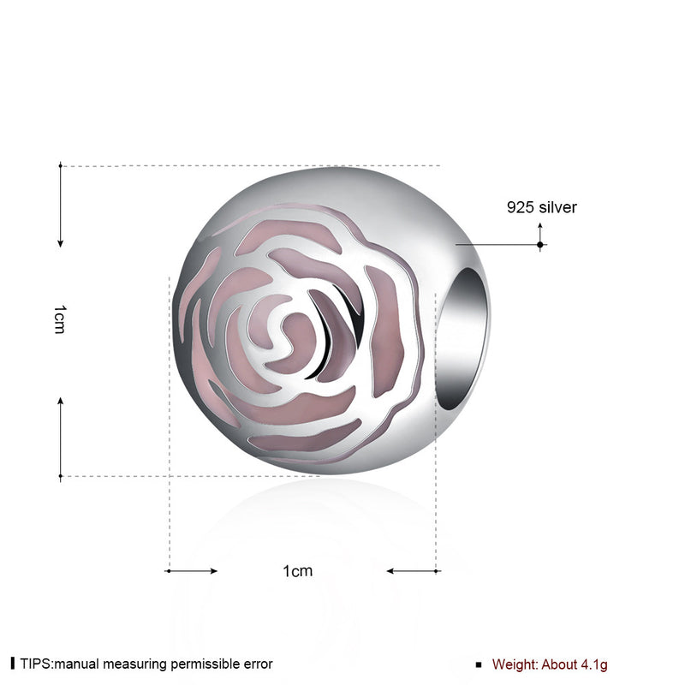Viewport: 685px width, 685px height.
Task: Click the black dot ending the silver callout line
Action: point(540,244)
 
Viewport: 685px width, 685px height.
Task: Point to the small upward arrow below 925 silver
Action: point(540,229)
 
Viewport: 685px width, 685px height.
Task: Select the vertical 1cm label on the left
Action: point(59,319)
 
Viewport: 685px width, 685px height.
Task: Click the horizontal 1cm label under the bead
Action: point(297,571)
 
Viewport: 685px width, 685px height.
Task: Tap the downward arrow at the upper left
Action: point(60,205)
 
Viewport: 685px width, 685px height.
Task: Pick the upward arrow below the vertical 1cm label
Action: point(60,437)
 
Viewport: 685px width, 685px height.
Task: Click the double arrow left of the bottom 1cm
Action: point(191,570)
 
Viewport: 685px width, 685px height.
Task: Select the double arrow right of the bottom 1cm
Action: point(414,570)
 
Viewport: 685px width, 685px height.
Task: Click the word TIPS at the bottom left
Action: point(36,664)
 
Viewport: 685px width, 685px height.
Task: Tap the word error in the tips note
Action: point(255,664)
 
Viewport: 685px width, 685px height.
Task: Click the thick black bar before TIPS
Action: point(13,664)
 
